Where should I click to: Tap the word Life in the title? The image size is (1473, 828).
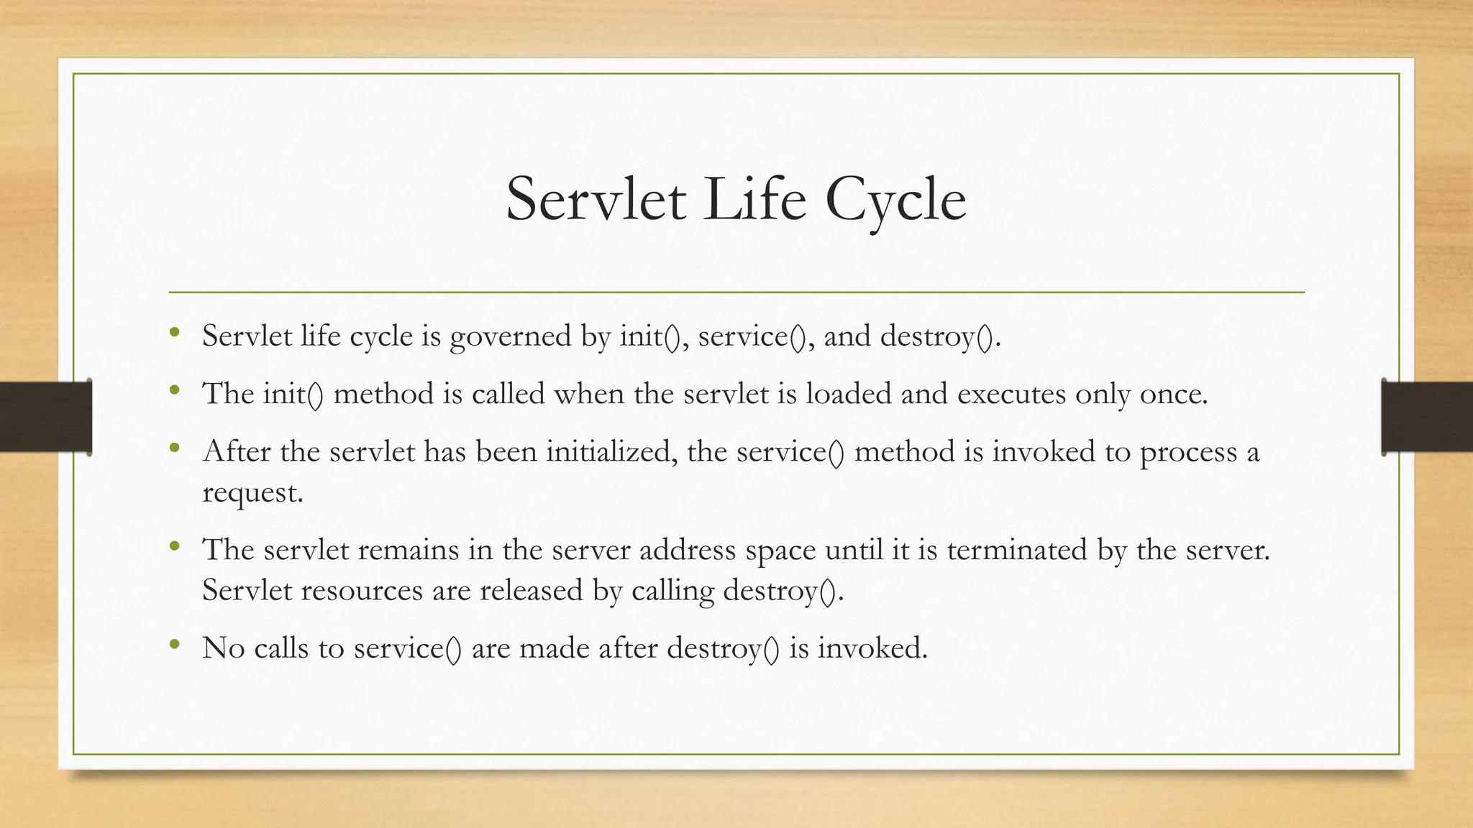(754, 199)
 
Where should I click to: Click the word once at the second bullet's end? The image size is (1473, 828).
(1172, 394)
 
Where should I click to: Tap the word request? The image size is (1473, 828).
(252, 493)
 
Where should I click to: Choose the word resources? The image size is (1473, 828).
(362, 591)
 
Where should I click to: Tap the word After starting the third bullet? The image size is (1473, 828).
(237, 452)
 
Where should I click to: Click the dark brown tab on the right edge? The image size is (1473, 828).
(1427, 417)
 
